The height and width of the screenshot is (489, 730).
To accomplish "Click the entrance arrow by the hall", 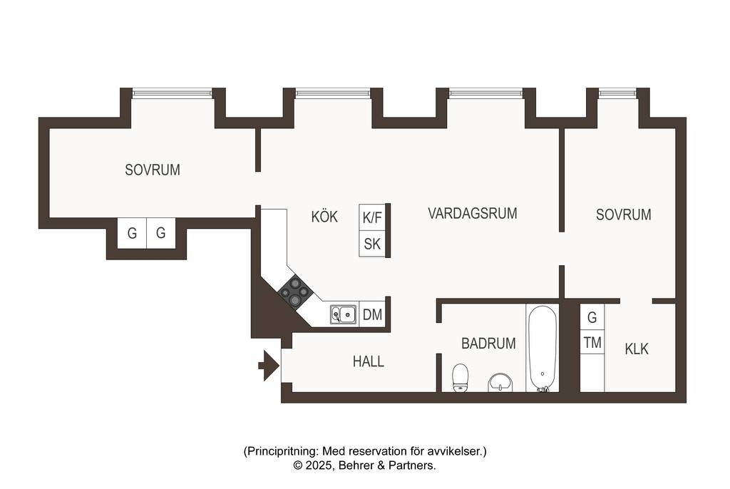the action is click(269, 366).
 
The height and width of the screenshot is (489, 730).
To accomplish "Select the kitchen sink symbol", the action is click(344, 315).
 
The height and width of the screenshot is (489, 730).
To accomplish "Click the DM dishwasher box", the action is click(372, 315).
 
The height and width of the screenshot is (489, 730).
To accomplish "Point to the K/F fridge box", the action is click(372, 217).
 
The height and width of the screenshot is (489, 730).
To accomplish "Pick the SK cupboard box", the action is click(372, 244).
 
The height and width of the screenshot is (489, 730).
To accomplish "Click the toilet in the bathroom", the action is click(460, 378).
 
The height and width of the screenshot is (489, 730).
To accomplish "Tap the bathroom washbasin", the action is click(500, 383).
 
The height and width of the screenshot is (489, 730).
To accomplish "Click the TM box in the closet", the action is click(592, 343).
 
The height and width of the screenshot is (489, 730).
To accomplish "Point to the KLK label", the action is click(637, 349).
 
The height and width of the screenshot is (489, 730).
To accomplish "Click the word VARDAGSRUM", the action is click(472, 213).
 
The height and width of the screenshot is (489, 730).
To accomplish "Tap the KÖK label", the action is click(324, 217).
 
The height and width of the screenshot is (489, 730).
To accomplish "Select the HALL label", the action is click(369, 361).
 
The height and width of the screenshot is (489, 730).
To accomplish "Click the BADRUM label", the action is click(488, 344).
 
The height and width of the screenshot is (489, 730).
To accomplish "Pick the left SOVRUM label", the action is click(153, 170).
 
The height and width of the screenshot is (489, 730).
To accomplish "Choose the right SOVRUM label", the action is click(623, 215).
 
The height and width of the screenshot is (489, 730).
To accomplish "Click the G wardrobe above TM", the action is click(592, 317).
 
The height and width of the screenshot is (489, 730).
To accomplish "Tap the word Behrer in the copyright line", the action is click(355, 465).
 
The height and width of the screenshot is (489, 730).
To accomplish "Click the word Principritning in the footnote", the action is click(282, 451).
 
